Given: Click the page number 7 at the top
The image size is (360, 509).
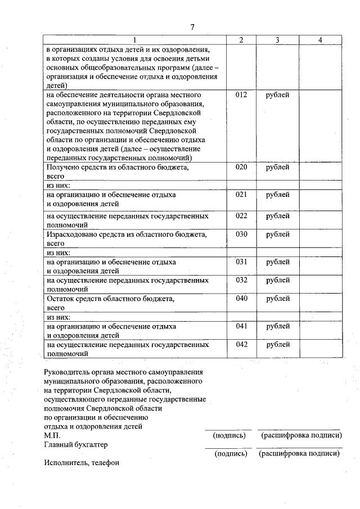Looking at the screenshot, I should (x=192, y=28).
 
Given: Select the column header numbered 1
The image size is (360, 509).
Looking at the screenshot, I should (x=135, y=40).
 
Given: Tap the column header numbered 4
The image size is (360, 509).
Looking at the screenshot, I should (x=320, y=40).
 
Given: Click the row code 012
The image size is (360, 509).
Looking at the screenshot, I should (x=241, y=95).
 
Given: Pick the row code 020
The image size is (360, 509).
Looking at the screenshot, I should (x=241, y=167).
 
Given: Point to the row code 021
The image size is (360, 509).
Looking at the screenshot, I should (x=241, y=195).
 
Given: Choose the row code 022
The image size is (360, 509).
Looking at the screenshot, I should (x=241, y=215).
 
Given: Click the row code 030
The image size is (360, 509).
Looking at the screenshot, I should (x=241, y=234).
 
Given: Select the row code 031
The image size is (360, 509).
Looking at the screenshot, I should (x=241, y=262).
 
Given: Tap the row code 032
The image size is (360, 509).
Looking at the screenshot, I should (x=241, y=280).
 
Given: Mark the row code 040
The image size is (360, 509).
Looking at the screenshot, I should (x=241, y=298).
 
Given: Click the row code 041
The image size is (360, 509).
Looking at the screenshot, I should (x=241, y=326).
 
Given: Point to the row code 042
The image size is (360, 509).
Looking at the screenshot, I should (x=241, y=344).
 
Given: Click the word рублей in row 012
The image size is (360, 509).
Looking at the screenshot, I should (x=278, y=95).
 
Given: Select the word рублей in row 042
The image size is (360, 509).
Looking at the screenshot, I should (x=278, y=344).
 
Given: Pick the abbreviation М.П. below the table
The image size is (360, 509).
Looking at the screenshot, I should (x=52, y=435).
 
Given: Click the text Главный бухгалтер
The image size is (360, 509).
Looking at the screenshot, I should (x=75, y=444).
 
